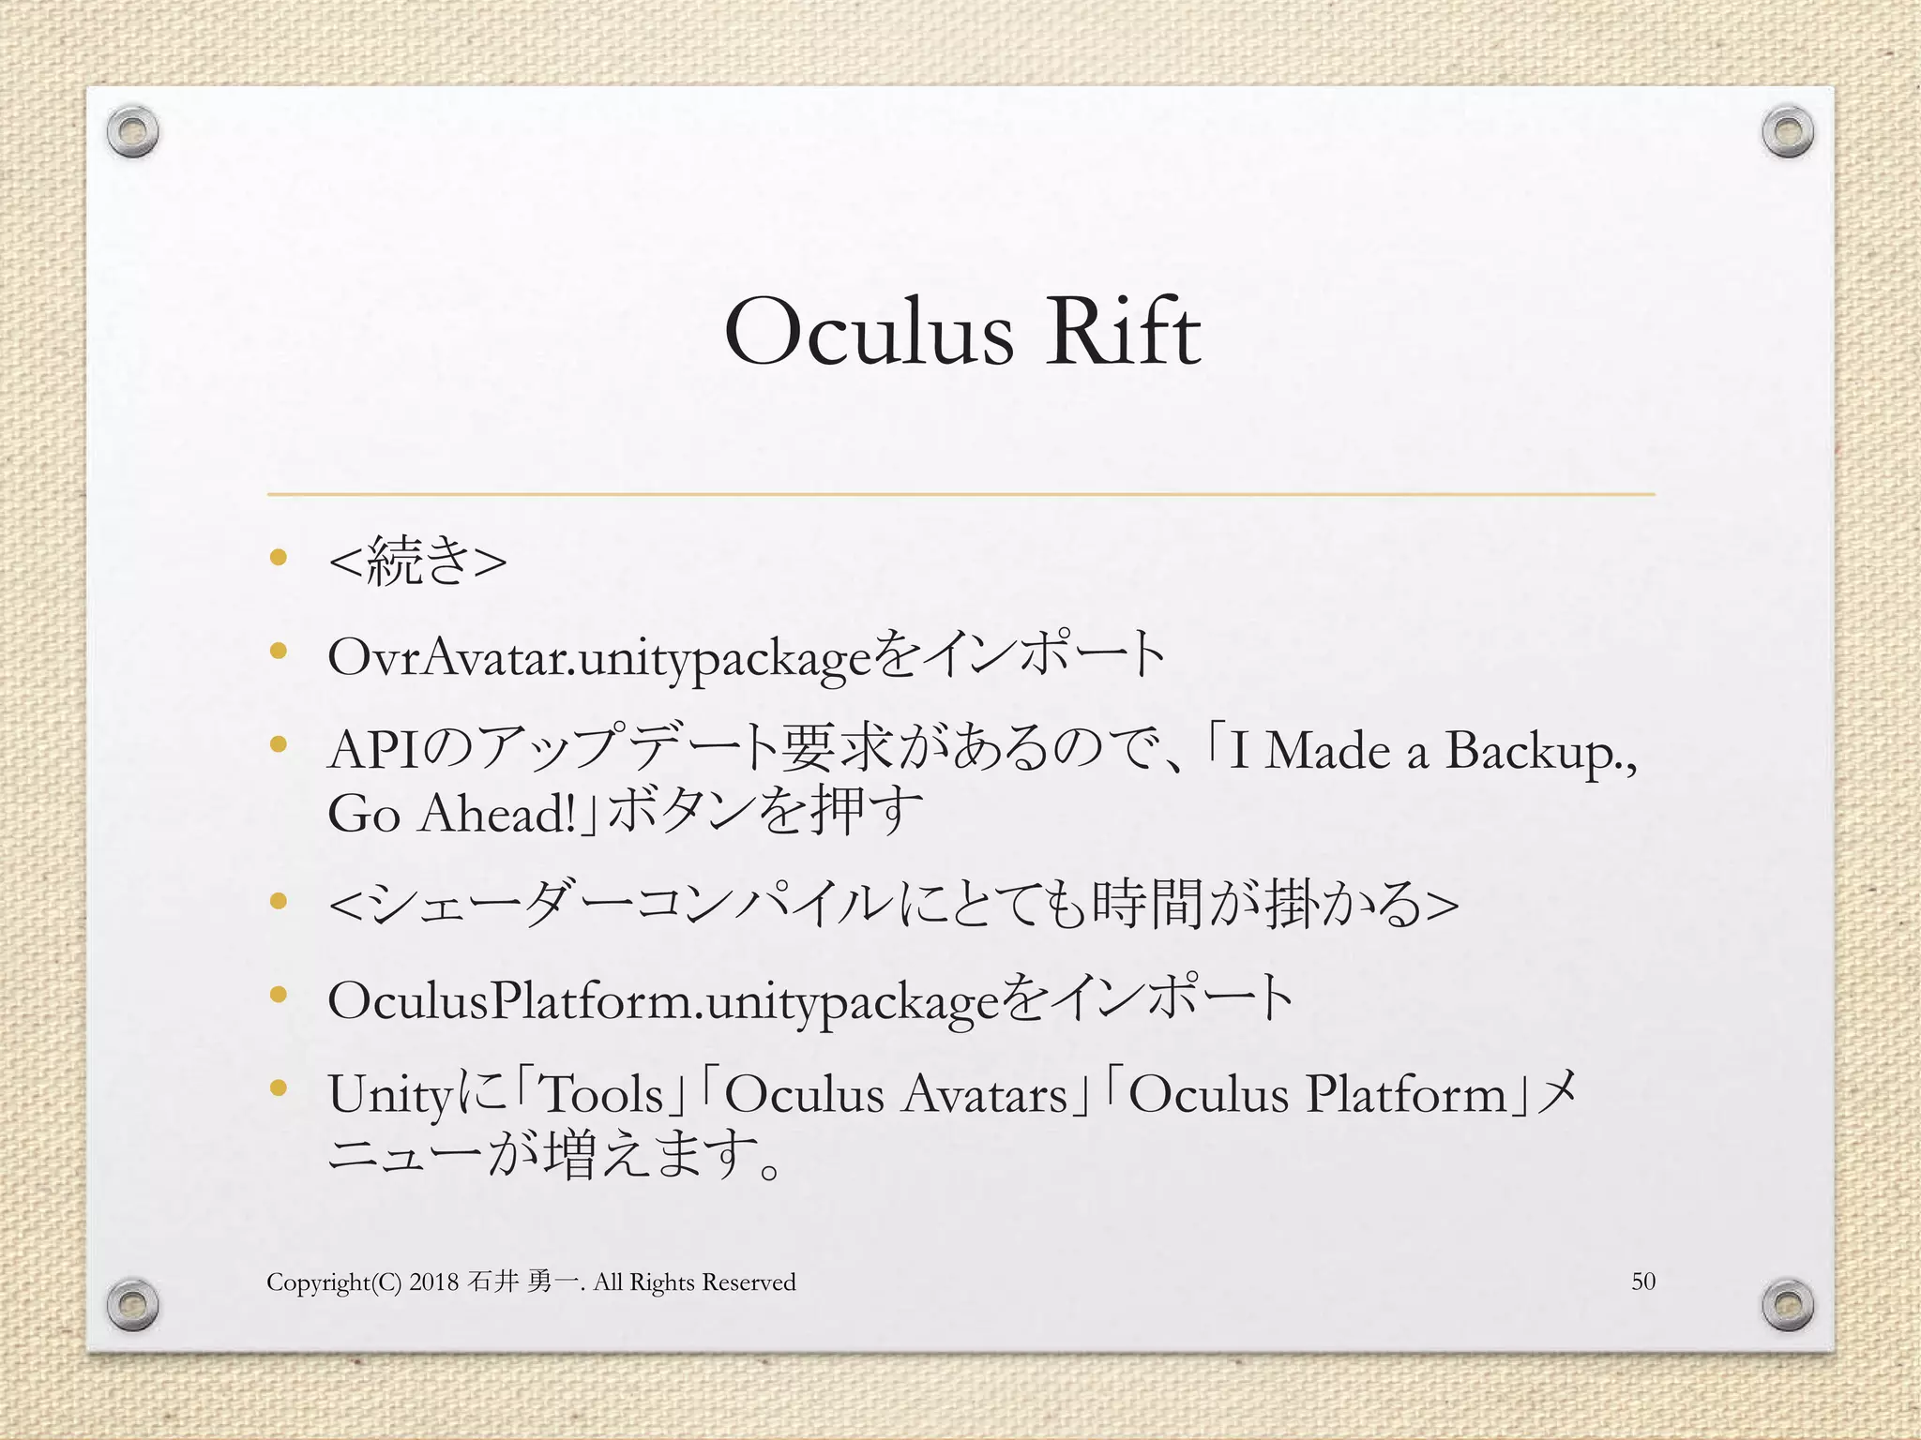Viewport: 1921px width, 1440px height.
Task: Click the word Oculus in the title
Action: click(869, 334)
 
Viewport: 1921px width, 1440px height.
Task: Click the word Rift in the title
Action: click(1123, 332)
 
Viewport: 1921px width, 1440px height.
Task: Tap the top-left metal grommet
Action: click(132, 134)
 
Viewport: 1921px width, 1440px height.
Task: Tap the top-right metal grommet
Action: click(1787, 134)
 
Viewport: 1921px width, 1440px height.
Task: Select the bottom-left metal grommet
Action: click(132, 1304)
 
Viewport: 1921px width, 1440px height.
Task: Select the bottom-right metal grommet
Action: click(1787, 1304)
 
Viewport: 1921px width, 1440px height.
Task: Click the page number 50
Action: click(1643, 1282)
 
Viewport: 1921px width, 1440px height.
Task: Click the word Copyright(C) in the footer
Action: click(334, 1282)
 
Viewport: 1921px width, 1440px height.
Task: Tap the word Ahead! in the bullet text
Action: click(497, 814)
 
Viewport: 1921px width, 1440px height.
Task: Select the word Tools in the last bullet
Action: click(603, 1095)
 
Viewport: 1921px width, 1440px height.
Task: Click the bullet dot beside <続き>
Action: click(277, 558)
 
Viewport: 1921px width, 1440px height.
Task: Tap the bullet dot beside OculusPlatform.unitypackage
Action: click(277, 994)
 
